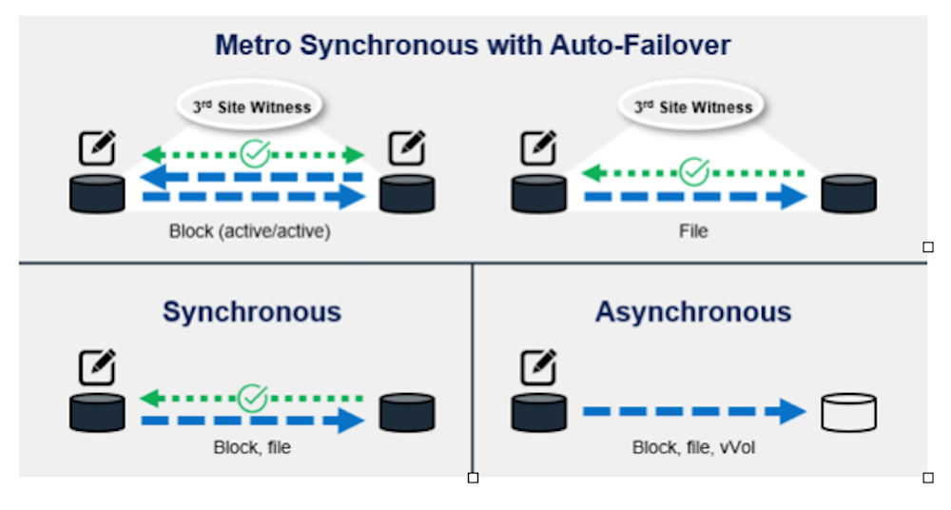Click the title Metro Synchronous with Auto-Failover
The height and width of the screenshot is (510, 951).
click(x=473, y=45)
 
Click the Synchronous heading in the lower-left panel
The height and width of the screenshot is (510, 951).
click(x=251, y=311)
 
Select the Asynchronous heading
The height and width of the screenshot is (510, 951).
click(x=692, y=311)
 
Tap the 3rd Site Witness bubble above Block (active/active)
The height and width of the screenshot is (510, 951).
click(x=252, y=107)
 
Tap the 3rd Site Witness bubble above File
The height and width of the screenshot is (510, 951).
click(x=692, y=107)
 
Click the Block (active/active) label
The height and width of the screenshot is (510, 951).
click(x=250, y=231)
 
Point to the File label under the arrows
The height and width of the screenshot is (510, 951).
click(x=693, y=231)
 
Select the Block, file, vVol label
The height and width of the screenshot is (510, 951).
click(x=693, y=446)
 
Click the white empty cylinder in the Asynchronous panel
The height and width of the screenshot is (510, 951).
click(x=848, y=412)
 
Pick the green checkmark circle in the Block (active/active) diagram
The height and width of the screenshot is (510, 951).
click(x=254, y=153)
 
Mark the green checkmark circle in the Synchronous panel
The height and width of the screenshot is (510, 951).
click(x=253, y=397)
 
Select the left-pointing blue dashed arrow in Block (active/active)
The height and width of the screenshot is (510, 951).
click(x=253, y=176)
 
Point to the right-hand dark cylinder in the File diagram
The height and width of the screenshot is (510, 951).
click(x=848, y=193)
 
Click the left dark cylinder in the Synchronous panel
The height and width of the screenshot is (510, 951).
click(x=97, y=412)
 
